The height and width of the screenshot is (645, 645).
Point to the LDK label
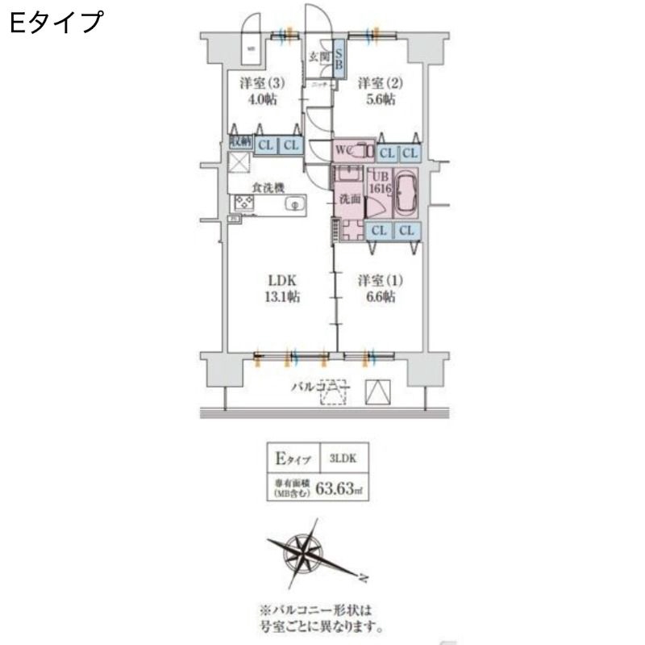tap(283, 280)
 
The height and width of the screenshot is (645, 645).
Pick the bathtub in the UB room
tap(404, 194)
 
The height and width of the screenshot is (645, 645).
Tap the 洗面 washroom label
tap(349, 198)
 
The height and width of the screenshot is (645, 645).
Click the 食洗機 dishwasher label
tap(267, 187)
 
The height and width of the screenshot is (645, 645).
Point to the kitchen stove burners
tap(244, 203)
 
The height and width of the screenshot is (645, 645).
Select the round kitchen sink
tap(295, 204)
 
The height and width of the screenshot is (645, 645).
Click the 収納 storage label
tap(239, 141)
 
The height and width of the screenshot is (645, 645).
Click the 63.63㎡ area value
tap(342, 487)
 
